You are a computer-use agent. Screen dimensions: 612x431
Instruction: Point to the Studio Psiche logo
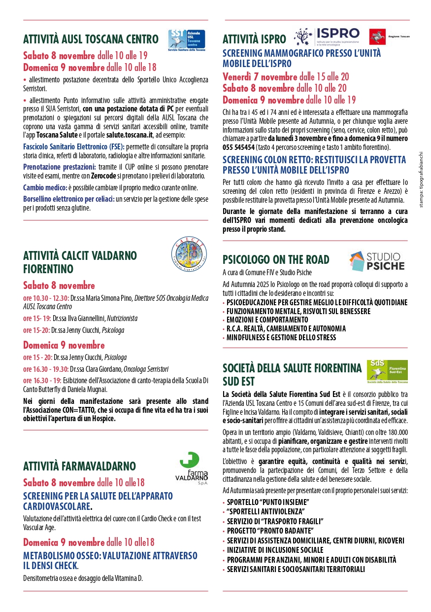[x=377, y=261]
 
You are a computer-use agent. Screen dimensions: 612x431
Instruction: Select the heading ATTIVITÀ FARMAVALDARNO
[x=79, y=466]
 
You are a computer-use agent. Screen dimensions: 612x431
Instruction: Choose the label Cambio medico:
[x=45, y=187]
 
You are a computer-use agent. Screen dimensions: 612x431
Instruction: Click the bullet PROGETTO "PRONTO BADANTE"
[x=270, y=531]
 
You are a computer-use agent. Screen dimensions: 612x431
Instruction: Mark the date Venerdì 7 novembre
[x=260, y=76]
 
